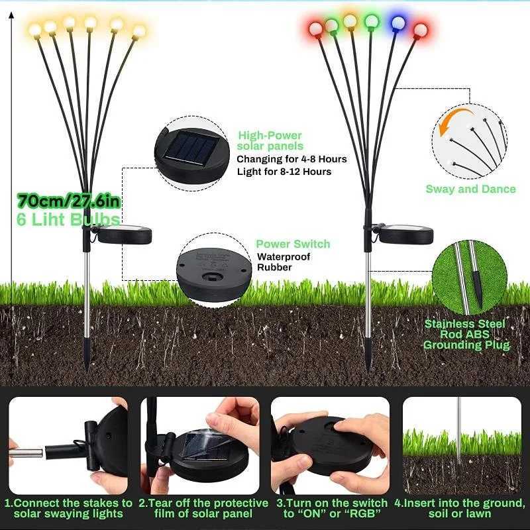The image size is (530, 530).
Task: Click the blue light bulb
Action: [397, 22]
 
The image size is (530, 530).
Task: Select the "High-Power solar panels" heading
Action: [270, 140]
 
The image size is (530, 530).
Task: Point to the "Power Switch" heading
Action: [293, 244]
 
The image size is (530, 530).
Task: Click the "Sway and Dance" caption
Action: [470, 189]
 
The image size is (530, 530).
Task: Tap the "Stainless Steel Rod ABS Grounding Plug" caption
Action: [467, 335]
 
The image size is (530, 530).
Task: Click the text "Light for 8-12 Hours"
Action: [284, 172]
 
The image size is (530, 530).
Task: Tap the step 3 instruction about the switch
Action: [331, 508]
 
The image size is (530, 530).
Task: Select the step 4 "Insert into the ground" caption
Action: [460, 508]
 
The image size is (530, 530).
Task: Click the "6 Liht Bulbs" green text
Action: [70, 220]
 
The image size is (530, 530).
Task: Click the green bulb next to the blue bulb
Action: [370, 21]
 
